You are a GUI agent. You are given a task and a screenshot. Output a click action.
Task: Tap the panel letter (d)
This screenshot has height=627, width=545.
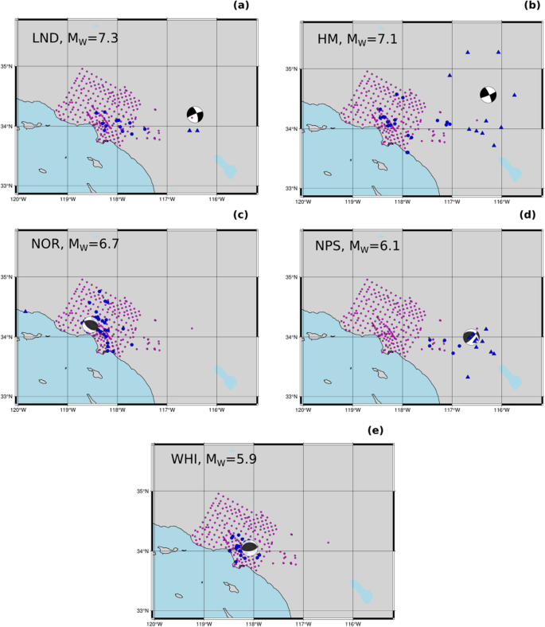tap(528, 214)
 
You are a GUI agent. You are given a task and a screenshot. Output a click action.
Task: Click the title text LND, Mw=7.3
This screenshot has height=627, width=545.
tap(76, 37)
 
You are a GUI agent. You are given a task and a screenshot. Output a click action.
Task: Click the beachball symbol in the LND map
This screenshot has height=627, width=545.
tap(196, 113)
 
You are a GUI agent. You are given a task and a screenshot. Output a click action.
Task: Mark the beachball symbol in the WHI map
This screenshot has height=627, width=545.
tap(249, 547)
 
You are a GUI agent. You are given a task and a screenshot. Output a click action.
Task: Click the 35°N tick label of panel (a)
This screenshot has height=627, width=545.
tap(8, 67)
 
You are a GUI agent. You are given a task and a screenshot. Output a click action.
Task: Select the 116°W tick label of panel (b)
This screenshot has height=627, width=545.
tap(501, 202)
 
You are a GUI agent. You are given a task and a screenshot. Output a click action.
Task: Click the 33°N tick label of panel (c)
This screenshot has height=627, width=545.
tap(8, 397)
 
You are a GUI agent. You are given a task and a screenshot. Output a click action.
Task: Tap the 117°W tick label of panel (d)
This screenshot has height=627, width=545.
tap(452, 410)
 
